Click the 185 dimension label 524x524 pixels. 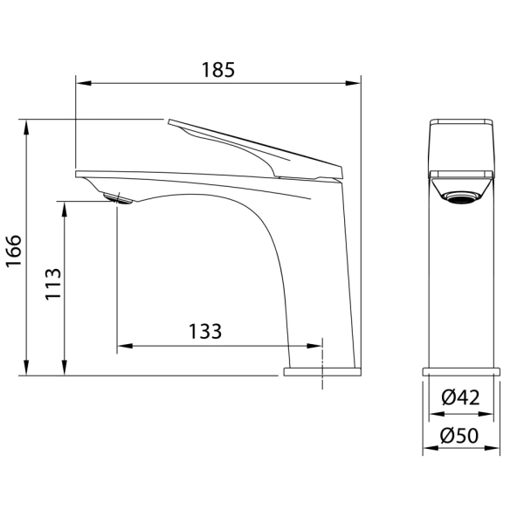218,70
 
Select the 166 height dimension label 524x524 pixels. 14,251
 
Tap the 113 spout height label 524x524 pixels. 53,284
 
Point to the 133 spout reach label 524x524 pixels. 205,331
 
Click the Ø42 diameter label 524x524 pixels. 460,397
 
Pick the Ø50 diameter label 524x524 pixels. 459,436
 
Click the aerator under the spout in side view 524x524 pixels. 118,198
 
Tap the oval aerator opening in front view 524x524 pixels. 461,196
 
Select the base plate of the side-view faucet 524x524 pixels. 322,372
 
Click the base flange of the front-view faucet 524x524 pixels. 461,372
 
